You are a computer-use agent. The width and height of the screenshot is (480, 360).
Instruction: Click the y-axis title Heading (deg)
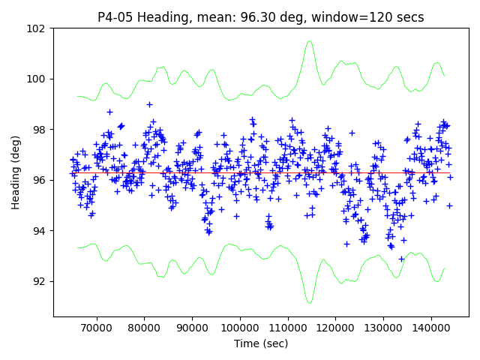pyautogui.click(x=16, y=172)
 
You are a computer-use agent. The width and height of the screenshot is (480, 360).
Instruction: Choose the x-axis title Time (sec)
pyautogui.click(x=261, y=343)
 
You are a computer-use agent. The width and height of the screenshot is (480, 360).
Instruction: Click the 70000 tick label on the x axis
pyautogui.click(x=95, y=328)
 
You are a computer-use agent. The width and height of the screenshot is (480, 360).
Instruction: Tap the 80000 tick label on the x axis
pyautogui.click(x=143, y=328)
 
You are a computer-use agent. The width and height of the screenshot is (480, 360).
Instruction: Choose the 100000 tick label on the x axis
pyautogui.click(x=239, y=328)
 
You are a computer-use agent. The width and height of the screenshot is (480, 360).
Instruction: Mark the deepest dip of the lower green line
pyautogui.click(x=309, y=302)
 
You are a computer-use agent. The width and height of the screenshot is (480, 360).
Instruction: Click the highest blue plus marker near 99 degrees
pyautogui.click(x=149, y=104)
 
